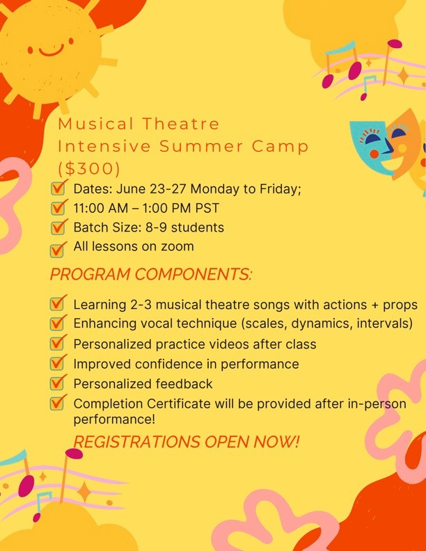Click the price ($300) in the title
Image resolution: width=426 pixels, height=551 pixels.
tap(89, 168)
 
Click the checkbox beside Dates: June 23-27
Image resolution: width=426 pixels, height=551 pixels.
tap(58, 188)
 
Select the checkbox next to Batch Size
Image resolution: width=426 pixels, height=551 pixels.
tap(58, 227)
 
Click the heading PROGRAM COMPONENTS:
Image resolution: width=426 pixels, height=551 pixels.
tap(151, 274)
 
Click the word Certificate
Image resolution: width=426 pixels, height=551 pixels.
tap(179, 404)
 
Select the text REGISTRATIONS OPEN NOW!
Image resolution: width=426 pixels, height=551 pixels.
tap(187, 442)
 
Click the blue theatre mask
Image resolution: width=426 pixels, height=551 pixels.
tap(372, 147)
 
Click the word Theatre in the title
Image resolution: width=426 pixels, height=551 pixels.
tap(181, 124)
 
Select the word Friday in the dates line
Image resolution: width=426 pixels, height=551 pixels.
tap(280, 189)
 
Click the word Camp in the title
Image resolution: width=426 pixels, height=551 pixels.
tap(280, 147)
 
